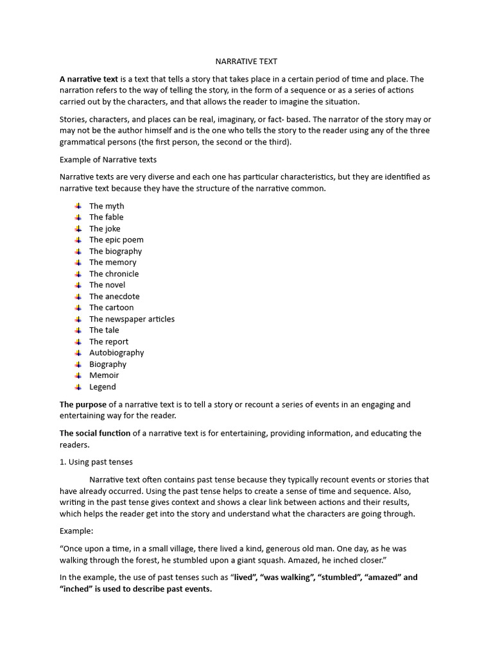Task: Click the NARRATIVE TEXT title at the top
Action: pos(246,62)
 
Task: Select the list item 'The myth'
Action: pos(107,206)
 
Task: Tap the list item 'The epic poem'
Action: pos(116,240)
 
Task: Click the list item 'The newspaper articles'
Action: pos(132,319)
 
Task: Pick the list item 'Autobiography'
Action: pos(116,353)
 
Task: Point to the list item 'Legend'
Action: pos(103,387)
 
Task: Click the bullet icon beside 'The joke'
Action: pos(78,228)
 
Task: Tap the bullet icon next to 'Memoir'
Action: pos(78,375)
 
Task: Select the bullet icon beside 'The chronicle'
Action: pos(78,274)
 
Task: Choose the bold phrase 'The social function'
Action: pos(95,434)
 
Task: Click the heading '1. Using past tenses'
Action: pos(96,462)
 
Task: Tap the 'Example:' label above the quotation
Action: pos(76,531)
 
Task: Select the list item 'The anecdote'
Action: pos(114,296)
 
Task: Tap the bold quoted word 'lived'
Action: pos(244,577)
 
